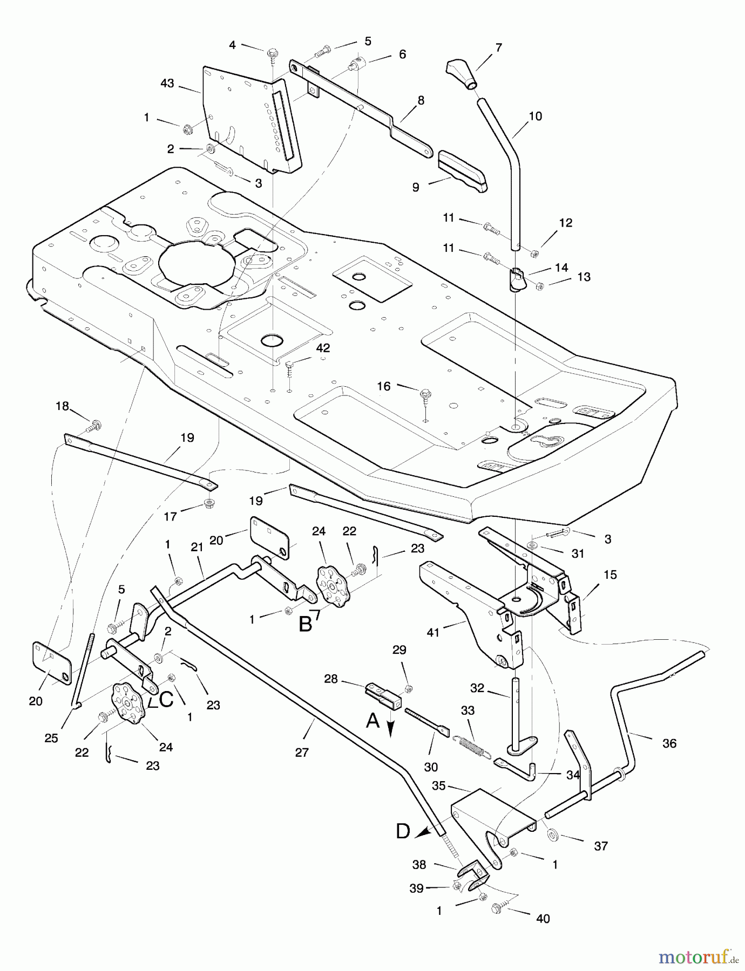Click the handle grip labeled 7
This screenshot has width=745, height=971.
click(462, 75)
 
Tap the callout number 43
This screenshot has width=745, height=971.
click(167, 84)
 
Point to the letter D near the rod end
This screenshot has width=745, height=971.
click(403, 831)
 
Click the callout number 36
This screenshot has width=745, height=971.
click(669, 743)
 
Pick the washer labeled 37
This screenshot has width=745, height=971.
click(552, 835)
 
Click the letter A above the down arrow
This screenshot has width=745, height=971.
click(372, 720)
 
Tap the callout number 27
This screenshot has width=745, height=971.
click(302, 753)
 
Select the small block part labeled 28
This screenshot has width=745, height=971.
click(383, 694)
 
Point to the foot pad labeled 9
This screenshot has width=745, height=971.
click(463, 170)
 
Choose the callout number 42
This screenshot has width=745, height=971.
click(323, 348)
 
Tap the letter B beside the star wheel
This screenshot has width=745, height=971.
click(306, 624)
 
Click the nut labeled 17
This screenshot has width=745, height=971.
click(208, 504)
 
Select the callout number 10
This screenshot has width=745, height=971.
click(535, 116)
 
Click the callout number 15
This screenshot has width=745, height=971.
click(610, 575)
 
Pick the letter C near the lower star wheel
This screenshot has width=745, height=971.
click(166, 699)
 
